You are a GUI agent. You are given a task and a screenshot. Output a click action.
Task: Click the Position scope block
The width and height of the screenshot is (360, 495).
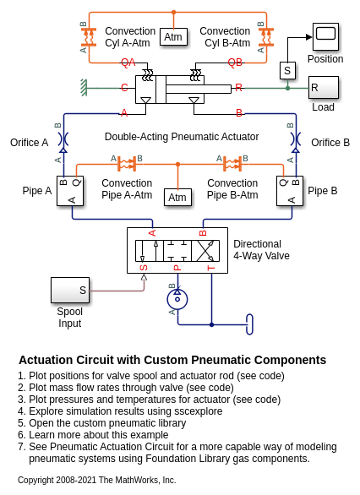pos(325,36)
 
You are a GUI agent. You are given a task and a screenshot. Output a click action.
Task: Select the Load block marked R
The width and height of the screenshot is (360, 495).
pos(324,88)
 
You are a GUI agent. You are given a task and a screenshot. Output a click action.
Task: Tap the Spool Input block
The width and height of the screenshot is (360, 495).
pos(70,290)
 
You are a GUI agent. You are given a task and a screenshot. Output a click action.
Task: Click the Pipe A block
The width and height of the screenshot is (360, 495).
pos(70,191)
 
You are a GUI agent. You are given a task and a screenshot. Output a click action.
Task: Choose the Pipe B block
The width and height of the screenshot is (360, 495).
pos(290,191)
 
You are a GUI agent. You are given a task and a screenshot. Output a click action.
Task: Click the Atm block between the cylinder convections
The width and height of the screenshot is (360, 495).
pos(173,36)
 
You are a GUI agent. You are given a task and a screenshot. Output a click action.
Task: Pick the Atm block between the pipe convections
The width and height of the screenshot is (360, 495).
pos(177,198)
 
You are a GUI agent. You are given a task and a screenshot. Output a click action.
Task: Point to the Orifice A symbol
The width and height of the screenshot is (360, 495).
pos(63,139)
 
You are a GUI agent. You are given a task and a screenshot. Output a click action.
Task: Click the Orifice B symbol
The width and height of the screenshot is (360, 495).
pos(296,139)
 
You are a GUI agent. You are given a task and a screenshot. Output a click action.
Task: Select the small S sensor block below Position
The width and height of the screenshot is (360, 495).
pos(287,70)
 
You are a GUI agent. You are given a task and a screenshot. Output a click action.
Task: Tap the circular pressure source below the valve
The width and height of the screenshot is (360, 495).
pos(177,299)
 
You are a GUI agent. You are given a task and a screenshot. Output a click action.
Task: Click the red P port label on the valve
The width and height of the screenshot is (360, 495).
pos(177,268)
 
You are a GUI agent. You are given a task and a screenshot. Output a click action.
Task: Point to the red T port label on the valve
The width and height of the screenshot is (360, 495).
pos(211,268)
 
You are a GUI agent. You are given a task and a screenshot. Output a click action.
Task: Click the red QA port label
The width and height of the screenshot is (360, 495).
pos(128,63)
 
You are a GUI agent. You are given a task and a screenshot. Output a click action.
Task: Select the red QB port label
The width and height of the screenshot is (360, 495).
pos(235,63)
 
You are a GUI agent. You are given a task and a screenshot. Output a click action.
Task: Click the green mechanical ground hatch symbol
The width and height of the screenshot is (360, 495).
pos(84,88)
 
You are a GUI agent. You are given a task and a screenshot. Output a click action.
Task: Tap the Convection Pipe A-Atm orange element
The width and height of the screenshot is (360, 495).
pos(127,164)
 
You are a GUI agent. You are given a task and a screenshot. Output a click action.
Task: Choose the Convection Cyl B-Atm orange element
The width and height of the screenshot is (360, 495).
pos(266,37)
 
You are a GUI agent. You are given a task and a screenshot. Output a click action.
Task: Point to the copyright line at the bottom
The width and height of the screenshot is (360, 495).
pos(96,480)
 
